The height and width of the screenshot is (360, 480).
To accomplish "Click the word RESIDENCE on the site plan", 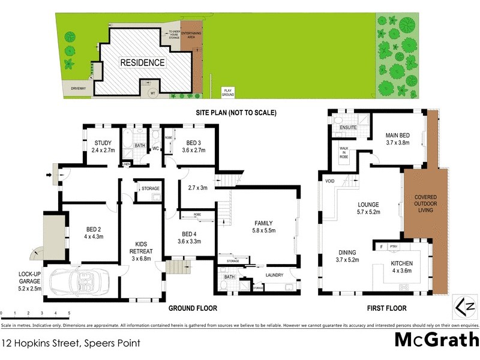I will click(142, 62).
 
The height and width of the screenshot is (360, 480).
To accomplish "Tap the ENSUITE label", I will click(348, 128).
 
